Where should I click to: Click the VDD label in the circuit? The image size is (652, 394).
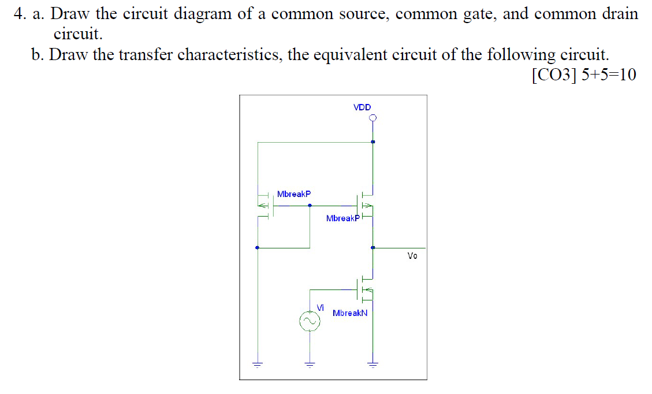[x=362, y=107]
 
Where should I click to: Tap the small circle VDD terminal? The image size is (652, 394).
[x=373, y=118]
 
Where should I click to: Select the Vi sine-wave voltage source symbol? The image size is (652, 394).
[x=310, y=321]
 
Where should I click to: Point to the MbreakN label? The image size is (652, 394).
[x=350, y=313]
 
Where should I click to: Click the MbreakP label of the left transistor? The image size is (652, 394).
[x=293, y=194]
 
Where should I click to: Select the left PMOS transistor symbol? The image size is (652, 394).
[x=266, y=205]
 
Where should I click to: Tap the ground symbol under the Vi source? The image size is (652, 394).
[x=310, y=364]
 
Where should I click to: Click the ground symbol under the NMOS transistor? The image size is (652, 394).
[x=373, y=364]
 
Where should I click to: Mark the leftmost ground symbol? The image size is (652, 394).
[x=258, y=364]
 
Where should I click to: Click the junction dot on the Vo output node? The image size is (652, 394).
[x=373, y=248]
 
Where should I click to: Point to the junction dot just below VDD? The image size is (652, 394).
[x=373, y=142]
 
